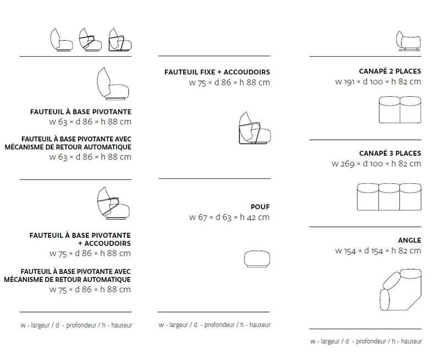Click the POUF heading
259,206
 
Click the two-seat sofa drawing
400,110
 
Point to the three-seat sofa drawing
389,194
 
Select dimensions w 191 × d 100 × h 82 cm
378,81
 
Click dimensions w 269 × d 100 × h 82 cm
377,163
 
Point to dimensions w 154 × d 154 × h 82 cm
378,251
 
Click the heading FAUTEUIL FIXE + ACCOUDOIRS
217,72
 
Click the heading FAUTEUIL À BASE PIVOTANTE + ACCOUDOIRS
80,238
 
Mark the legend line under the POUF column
214,325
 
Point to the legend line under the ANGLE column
365,341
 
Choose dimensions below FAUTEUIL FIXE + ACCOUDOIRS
229,83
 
